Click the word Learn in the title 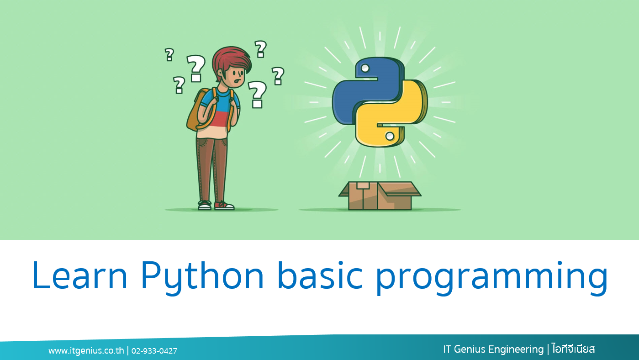coord(79,275)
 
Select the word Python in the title coord(202,277)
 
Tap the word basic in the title coord(320,275)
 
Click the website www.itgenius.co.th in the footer coord(86,350)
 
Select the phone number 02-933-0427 coord(154,351)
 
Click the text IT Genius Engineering coord(493,349)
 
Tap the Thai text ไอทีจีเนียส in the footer coord(573,349)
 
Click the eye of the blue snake coord(365,68)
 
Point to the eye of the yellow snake coord(390,136)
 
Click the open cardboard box coord(380,196)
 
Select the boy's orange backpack coord(200,110)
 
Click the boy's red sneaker coord(224,206)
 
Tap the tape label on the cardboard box coord(363,185)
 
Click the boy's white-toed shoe coord(205,206)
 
